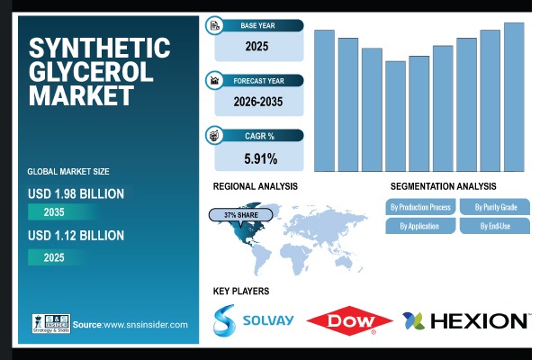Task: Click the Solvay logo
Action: click(x=245, y=319)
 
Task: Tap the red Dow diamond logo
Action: click(x=349, y=320)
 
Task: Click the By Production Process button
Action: click(x=420, y=207)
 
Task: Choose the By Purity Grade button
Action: click(x=495, y=207)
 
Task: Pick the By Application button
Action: click(x=420, y=226)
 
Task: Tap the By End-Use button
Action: click(x=495, y=226)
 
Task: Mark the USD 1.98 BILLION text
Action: click(x=76, y=193)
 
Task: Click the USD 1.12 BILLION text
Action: click(x=76, y=236)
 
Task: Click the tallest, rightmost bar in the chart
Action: click(x=514, y=96)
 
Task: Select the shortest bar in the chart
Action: click(x=395, y=116)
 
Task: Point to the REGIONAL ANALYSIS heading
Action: click(x=255, y=186)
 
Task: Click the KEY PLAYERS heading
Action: click(x=240, y=292)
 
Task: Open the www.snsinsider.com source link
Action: click(x=143, y=324)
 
